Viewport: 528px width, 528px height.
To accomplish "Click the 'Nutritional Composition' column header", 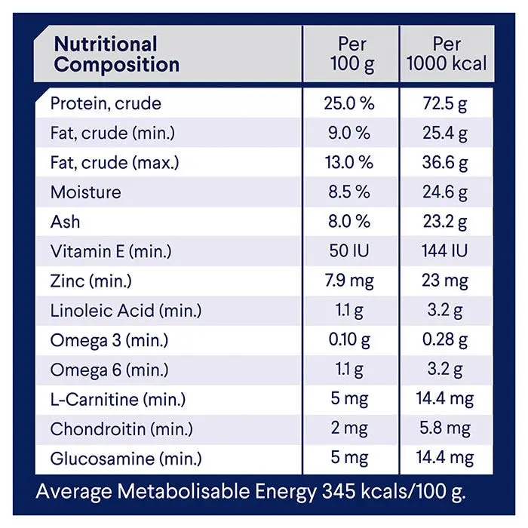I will tap(116, 54).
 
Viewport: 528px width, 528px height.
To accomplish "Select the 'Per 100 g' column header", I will tap(351, 54).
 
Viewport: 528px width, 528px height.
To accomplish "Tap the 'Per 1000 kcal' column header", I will tap(447, 54).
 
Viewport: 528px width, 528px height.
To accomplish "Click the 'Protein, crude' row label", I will tap(106, 103).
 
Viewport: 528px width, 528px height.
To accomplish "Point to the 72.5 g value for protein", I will tap(447, 103).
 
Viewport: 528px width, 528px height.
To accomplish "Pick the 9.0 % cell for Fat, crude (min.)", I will tap(348, 133).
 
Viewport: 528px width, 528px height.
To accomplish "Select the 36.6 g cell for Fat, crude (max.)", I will tap(447, 163).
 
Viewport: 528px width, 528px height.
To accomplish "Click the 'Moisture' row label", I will tap(85, 192).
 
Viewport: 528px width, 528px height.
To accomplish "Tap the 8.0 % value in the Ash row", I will tap(348, 222).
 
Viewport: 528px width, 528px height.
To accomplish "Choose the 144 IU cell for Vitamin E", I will tap(447, 251).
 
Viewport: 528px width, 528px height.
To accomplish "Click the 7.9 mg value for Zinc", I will tap(348, 281).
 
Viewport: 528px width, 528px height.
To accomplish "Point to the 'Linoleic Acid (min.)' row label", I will tap(126, 311).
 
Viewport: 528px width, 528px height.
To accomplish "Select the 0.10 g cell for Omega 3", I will tap(348, 340).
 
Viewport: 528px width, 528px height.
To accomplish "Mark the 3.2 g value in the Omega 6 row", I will tap(447, 370).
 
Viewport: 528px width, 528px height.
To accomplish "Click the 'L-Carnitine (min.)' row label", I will tap(118, 400).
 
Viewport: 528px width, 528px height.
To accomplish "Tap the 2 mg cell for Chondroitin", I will tap(348, 429).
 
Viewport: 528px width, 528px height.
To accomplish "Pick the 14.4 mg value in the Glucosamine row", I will tap(447, 459).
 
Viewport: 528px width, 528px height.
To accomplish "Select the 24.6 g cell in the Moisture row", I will tap(447, 192).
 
